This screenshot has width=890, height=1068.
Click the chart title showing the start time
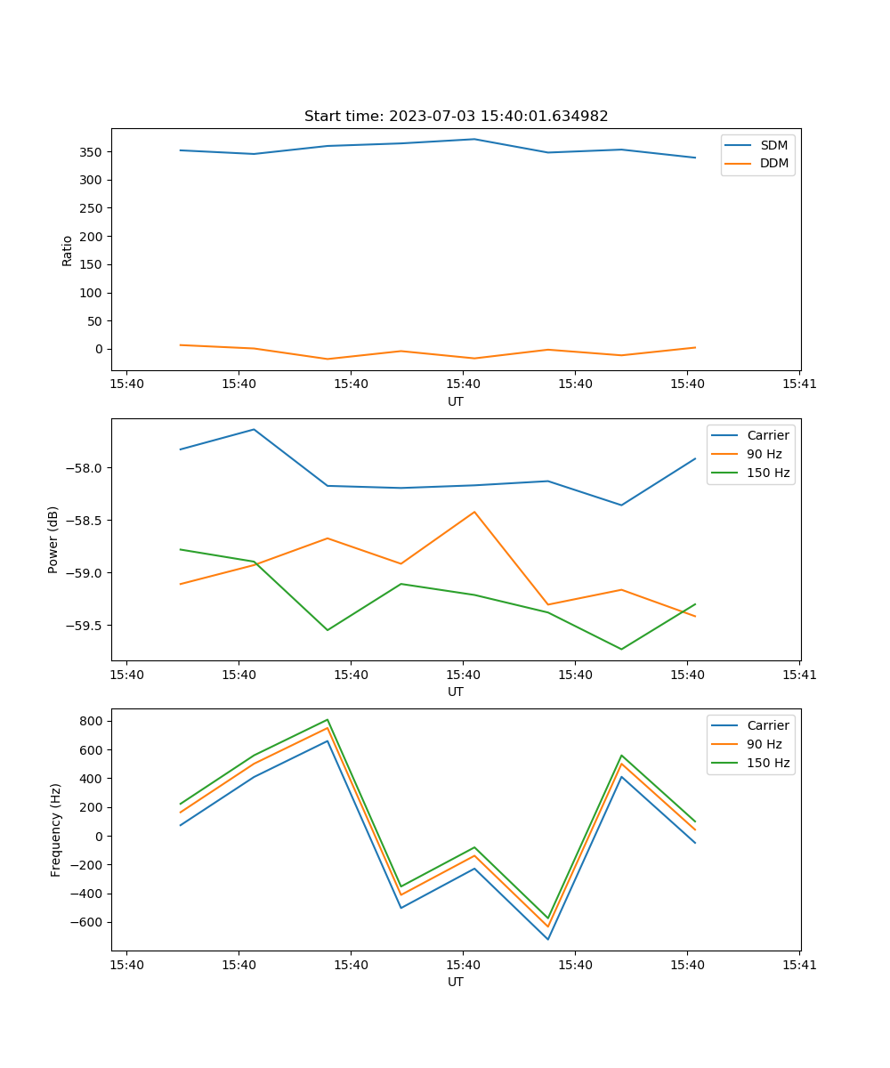coord(456,117)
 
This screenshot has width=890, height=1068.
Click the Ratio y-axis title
coord(68,250)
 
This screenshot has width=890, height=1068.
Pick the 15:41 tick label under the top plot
coord(799,384)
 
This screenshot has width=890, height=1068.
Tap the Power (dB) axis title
coord(53,539)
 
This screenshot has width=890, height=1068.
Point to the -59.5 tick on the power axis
coord(85,626)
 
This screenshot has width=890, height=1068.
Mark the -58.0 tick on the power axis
coord(85,468)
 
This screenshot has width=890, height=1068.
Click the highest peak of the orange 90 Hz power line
coord(474,512)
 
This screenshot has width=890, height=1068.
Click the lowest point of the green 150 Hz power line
coord(621,649)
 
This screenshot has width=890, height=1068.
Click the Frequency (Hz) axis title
coord(55,829)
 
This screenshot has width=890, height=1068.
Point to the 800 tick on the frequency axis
coord(92,721)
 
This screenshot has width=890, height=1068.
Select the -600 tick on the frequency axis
coord(88,922)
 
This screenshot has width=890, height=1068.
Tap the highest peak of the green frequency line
coord(328,719)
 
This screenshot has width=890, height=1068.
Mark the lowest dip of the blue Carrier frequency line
coord(547,939)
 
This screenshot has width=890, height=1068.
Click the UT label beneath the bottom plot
coord(456,982)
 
